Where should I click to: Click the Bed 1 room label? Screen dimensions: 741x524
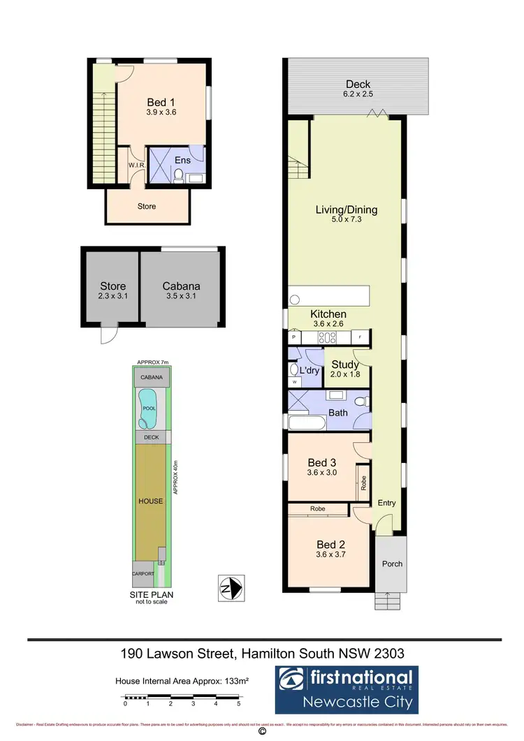click(x=161, y=102)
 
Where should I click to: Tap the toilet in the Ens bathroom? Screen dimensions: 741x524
click(x=178, y=175)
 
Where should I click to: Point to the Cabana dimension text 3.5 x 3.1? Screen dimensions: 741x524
click(x=182, y=296)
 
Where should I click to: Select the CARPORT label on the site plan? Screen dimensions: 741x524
click(x=143, y=573)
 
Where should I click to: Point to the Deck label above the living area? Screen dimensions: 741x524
click(x=358, y=85)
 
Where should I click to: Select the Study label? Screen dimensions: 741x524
click(x=345, y=365)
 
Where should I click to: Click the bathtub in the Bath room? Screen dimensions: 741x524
click(x=307, y=423)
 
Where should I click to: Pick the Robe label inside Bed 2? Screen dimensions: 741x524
click(x=319, y=510)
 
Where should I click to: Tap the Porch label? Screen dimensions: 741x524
click(x=392, y=564)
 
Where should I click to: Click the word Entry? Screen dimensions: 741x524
click(x=386, y=503)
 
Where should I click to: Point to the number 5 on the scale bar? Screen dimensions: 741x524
click(x=239, y=704)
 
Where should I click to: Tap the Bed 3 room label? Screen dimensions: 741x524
click(x=322, y=462)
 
